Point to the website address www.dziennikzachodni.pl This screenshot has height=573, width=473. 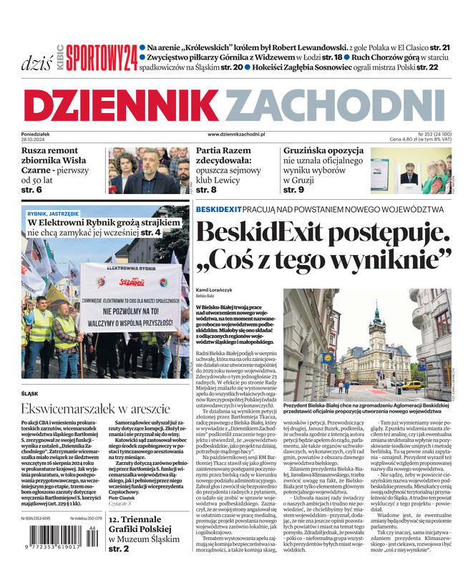click(236, 134)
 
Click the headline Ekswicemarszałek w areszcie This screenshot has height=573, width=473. click(96, 409)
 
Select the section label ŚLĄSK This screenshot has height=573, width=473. click(30, 394)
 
